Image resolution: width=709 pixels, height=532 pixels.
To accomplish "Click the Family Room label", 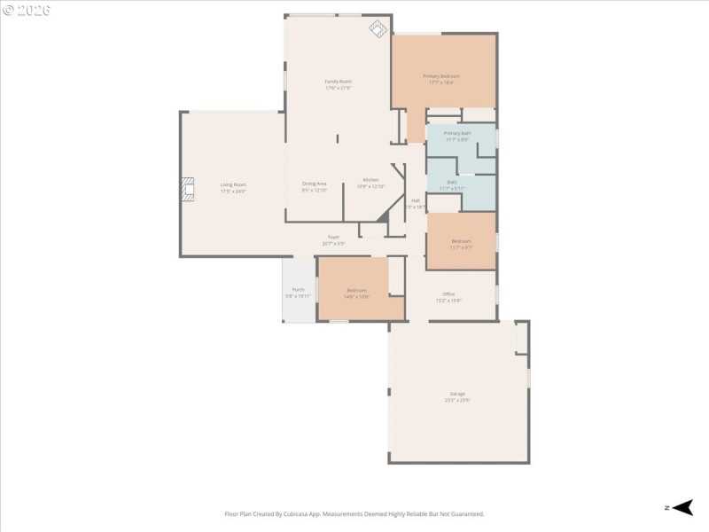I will point(338,82).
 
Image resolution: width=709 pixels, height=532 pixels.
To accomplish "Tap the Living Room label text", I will point(233,184).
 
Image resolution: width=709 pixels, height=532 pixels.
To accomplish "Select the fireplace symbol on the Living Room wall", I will point(187,190).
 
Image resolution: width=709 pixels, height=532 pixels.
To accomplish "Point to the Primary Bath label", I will point(457,133).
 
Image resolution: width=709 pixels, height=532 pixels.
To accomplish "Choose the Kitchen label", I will point(370,180).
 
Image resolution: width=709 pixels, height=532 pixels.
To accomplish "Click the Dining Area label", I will point(315,184).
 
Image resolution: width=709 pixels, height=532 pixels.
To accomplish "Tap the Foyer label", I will point(333,237).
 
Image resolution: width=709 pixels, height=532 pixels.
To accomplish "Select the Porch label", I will point(299,290).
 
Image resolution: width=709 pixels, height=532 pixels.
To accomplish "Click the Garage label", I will point(457,394).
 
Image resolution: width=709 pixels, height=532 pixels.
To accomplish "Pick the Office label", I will point(448,294).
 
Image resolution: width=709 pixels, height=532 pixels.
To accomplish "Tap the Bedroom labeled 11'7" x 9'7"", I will point(461,241).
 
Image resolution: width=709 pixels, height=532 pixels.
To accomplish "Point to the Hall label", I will point(415,200).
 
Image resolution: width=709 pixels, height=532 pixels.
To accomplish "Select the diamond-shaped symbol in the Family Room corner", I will point(378,28).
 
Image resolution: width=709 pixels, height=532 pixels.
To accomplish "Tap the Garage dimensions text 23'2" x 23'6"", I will point(457,400).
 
